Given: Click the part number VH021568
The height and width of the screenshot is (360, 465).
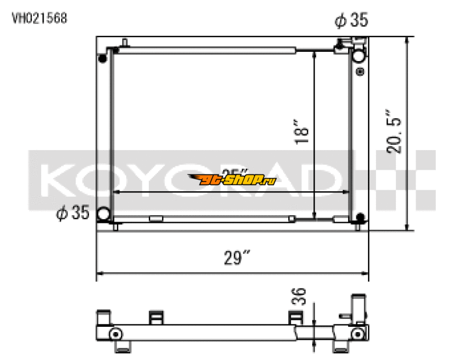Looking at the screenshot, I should click(x=40, y=18).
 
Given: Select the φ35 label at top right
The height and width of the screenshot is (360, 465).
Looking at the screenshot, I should click(x=351, y=22).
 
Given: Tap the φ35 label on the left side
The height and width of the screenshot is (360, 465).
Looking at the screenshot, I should click(x=72, y=213).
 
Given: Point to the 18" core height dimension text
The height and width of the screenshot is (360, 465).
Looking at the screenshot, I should click(x=301, y=133).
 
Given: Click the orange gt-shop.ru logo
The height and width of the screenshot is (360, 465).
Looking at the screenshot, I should click(x=232, y=180).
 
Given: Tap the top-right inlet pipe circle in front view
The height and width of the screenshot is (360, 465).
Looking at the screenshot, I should click(x=359, y=56).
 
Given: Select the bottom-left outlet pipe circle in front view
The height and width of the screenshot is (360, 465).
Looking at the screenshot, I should click(x=105, y=214).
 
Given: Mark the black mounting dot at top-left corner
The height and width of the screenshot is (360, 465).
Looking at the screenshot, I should click(x=103, y=58).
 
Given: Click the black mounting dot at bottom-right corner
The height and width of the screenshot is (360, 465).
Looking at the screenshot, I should click(x=360, y=218).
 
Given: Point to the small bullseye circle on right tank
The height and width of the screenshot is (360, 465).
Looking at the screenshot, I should click(x=359, y=73).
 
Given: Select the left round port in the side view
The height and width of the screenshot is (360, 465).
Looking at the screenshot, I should click(x=115, y=334).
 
